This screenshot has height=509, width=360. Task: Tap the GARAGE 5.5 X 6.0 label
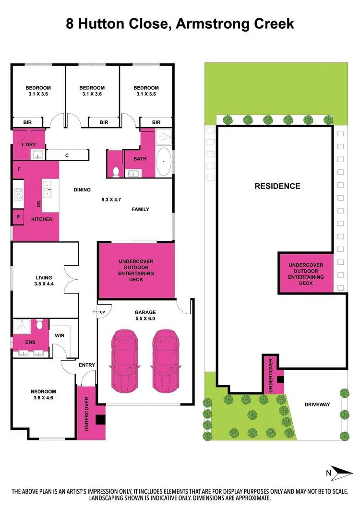[144, 315]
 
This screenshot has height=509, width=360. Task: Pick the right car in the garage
[166, 359]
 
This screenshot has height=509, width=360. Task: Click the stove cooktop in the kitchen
[19, 193]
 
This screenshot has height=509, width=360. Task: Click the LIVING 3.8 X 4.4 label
[44, 281]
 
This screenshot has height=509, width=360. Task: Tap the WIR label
[60, 336]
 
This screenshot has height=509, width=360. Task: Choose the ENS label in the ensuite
[16, 343]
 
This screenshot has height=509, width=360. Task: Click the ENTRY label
[86, 365]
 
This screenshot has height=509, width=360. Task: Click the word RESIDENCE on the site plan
[277, 186]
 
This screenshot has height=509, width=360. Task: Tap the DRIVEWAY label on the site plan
[317, 404]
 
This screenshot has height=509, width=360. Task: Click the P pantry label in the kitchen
[18, 216]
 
